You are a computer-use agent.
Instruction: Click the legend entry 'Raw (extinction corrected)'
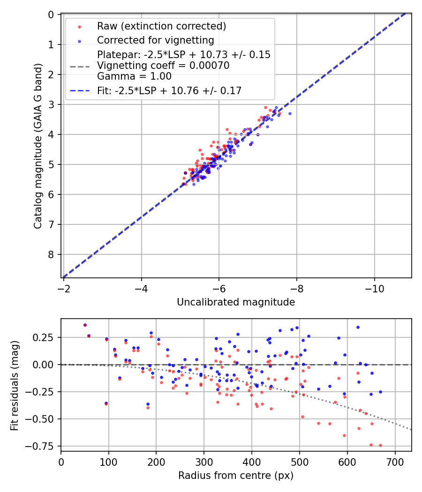(x=161, y=26)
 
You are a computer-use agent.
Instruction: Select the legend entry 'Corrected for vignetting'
(x=155, y=40)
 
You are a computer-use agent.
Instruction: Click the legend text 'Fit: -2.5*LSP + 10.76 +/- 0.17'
(x=169, y=91)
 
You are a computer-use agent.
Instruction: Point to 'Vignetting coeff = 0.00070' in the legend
(x=163, y=66)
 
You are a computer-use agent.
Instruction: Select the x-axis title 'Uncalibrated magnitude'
(x=236, y=302)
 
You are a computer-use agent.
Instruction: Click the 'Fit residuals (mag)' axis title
(x=14, y=385)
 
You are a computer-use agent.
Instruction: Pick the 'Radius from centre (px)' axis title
(x=236, y=476)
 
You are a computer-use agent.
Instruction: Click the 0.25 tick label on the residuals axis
(x=46, y=337)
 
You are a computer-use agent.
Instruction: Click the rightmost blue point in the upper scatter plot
(x=290, y=113)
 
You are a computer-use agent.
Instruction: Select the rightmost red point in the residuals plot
(x=380, y=445)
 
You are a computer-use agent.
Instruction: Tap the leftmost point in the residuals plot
(x=85, y=325)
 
